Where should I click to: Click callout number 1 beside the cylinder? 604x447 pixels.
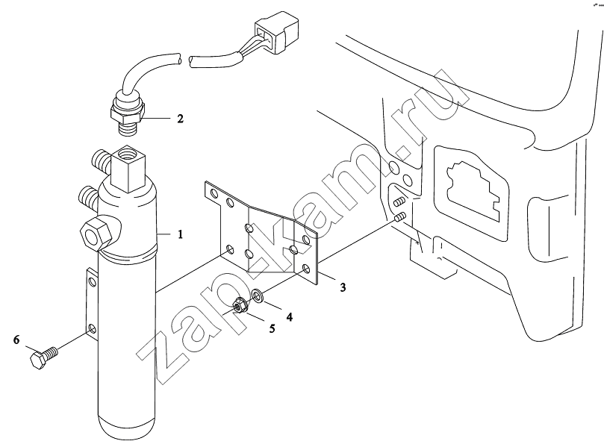click(x=180, y=234)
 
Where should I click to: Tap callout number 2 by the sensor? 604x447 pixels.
click(x=180, y=119)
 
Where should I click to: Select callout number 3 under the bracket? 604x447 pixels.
click(x=343, y=287)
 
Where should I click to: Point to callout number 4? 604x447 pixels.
click(x=289, y=317)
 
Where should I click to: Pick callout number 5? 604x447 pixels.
click(x=272, y=328)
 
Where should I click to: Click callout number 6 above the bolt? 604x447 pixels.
click(x=16, y=340)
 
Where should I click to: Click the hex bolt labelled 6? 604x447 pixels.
click(x=43, y=357)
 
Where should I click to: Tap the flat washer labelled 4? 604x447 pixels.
click(x=258, y=296)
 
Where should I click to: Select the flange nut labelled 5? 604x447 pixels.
click(x=240, y=306)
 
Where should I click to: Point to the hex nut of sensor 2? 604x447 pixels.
click(x=127, y=113)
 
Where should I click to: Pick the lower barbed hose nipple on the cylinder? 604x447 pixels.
click(x=89, y=197)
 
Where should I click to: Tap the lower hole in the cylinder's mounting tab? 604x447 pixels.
click(x=92, y=329)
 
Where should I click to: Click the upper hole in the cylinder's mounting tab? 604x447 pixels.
click(x=92, y=281)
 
